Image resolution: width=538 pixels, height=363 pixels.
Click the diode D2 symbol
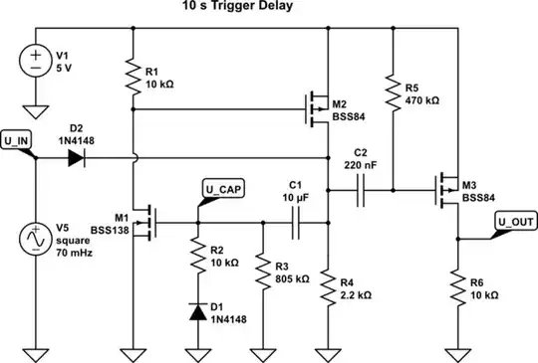click(76, 157)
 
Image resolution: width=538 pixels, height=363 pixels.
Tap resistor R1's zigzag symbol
click(133, 76)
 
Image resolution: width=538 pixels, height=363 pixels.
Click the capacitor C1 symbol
click(295, 224)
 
